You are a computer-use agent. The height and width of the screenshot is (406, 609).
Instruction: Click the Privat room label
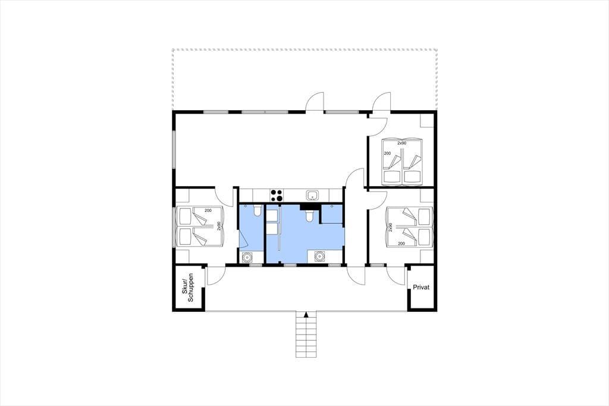tap(421, 288)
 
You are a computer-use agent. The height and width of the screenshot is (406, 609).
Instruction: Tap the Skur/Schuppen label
tap(187, 288)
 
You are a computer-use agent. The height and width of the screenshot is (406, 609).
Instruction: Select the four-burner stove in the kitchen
tap(276, 195)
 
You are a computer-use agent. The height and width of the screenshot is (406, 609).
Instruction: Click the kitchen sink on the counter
tap(313, 195)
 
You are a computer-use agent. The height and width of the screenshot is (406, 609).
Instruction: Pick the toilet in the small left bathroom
tap(257, 211)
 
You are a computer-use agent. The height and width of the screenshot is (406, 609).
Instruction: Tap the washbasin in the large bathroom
tap(319, 257)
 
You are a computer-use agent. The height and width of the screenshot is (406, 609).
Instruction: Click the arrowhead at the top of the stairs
tap(306, 314)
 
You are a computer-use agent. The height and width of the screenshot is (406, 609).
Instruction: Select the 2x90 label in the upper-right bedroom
tap(401, 143)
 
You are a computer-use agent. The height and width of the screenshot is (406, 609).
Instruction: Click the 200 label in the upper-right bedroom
tap(387, 153)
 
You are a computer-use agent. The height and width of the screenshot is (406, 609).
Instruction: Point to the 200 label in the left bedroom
tap(208, 210)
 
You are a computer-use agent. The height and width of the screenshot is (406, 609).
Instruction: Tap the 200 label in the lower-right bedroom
tap(401, 244)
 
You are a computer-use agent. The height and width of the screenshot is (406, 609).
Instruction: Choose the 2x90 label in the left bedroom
tap(219, 226)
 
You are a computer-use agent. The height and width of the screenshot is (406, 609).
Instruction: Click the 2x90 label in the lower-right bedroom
tap(390, 227)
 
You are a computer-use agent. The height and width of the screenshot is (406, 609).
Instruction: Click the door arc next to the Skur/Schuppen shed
tap(216, 277)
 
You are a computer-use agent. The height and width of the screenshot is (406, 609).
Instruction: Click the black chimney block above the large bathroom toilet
tap(309, 207)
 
